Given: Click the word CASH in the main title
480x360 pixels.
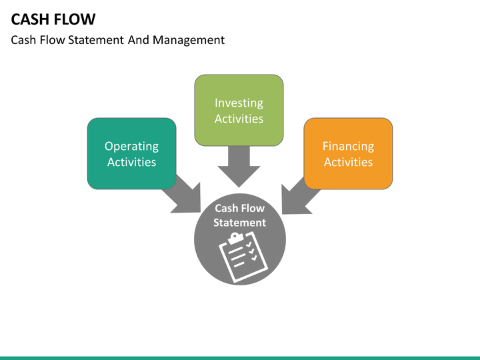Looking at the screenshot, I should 31,19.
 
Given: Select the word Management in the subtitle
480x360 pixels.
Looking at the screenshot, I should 189,40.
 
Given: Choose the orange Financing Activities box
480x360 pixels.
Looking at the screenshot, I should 348,175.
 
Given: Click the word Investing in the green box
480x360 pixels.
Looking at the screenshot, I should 239,103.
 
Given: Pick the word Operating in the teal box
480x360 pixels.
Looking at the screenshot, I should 131,146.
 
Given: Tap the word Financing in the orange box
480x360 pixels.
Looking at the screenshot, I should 348,146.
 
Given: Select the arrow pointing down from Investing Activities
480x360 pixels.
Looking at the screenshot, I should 239,167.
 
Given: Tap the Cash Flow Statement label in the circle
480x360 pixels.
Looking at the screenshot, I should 240,215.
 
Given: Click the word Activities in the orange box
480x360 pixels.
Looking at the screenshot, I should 348,162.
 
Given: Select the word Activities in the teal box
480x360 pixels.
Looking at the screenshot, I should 131,162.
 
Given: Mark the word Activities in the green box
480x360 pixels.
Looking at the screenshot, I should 239,119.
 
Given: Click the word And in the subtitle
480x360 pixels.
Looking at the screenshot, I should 140,40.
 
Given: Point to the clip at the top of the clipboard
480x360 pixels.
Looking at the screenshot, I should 234,237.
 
